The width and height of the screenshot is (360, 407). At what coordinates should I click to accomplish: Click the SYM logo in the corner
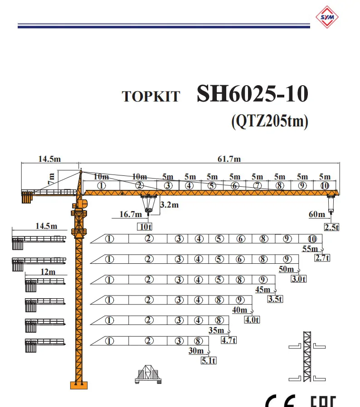(x=327, y=17)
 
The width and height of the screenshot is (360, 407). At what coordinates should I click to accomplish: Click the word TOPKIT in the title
(x=151, y=97)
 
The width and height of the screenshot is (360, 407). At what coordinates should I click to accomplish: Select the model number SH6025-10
(x=253, y=93)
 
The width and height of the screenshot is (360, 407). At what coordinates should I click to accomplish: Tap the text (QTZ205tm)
(x=270, y=121)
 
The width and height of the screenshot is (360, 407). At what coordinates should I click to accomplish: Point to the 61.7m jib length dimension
(x=229, y=159)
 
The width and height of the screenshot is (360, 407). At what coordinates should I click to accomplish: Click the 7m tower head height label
(x=51, y=179)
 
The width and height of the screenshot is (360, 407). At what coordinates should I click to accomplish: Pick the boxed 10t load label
(x=145, y=227)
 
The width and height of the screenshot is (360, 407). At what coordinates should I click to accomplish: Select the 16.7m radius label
(x=131, y=214)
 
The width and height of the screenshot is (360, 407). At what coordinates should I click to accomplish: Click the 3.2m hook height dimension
(x=170, y=205)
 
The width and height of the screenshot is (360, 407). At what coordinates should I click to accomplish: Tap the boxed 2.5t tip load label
(x=332, y=228)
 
